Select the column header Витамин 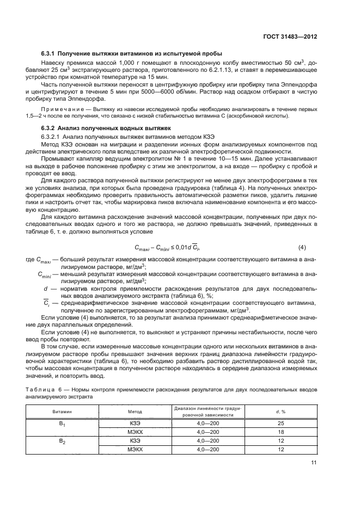(62, 412)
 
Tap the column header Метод (135, 412)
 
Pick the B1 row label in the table (62, 423)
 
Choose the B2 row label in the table (62, 441)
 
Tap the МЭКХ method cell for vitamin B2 (135, 450)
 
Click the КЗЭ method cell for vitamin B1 (135, 423)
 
